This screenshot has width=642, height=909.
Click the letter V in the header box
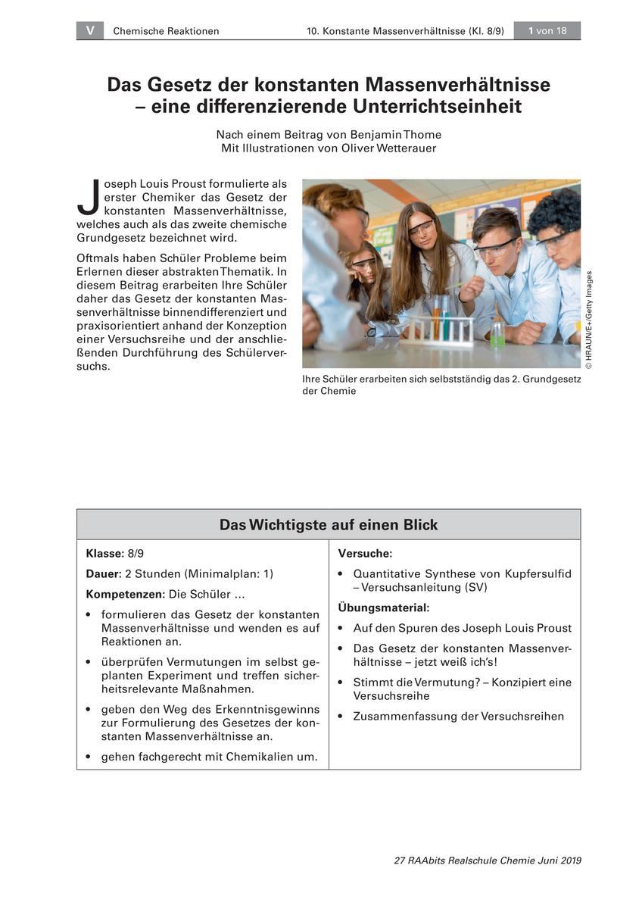pyautogui.click(x=90, y=30)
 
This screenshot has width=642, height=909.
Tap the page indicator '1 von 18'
pyautogui.click(x=547, y=30)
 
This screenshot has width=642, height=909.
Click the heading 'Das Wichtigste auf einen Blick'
pyautogui.click(x=329, y=524)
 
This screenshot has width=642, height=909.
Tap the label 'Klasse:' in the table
pyautogui.click(x=104, y=554)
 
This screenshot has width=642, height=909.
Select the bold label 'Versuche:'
pyautogui.click(x=365, y=554)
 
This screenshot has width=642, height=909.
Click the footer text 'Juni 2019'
pyautogui.click(x=557, y=861)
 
